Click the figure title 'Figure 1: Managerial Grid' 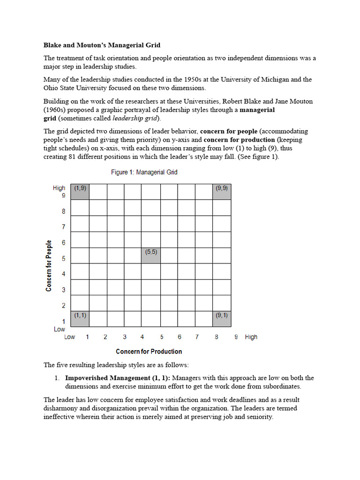click(144, 172)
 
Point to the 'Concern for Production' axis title click(149, 352)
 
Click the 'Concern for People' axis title click(49, 266)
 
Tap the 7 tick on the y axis click(63, 227)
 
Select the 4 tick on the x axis click(142, 337)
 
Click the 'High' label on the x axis click(251, 337)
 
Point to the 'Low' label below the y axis click(59, 330)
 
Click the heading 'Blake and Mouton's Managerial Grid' click(102, 45)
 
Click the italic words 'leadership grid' click(135, 118)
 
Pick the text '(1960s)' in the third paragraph click(55, 110)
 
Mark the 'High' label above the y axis click(59, 188)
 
